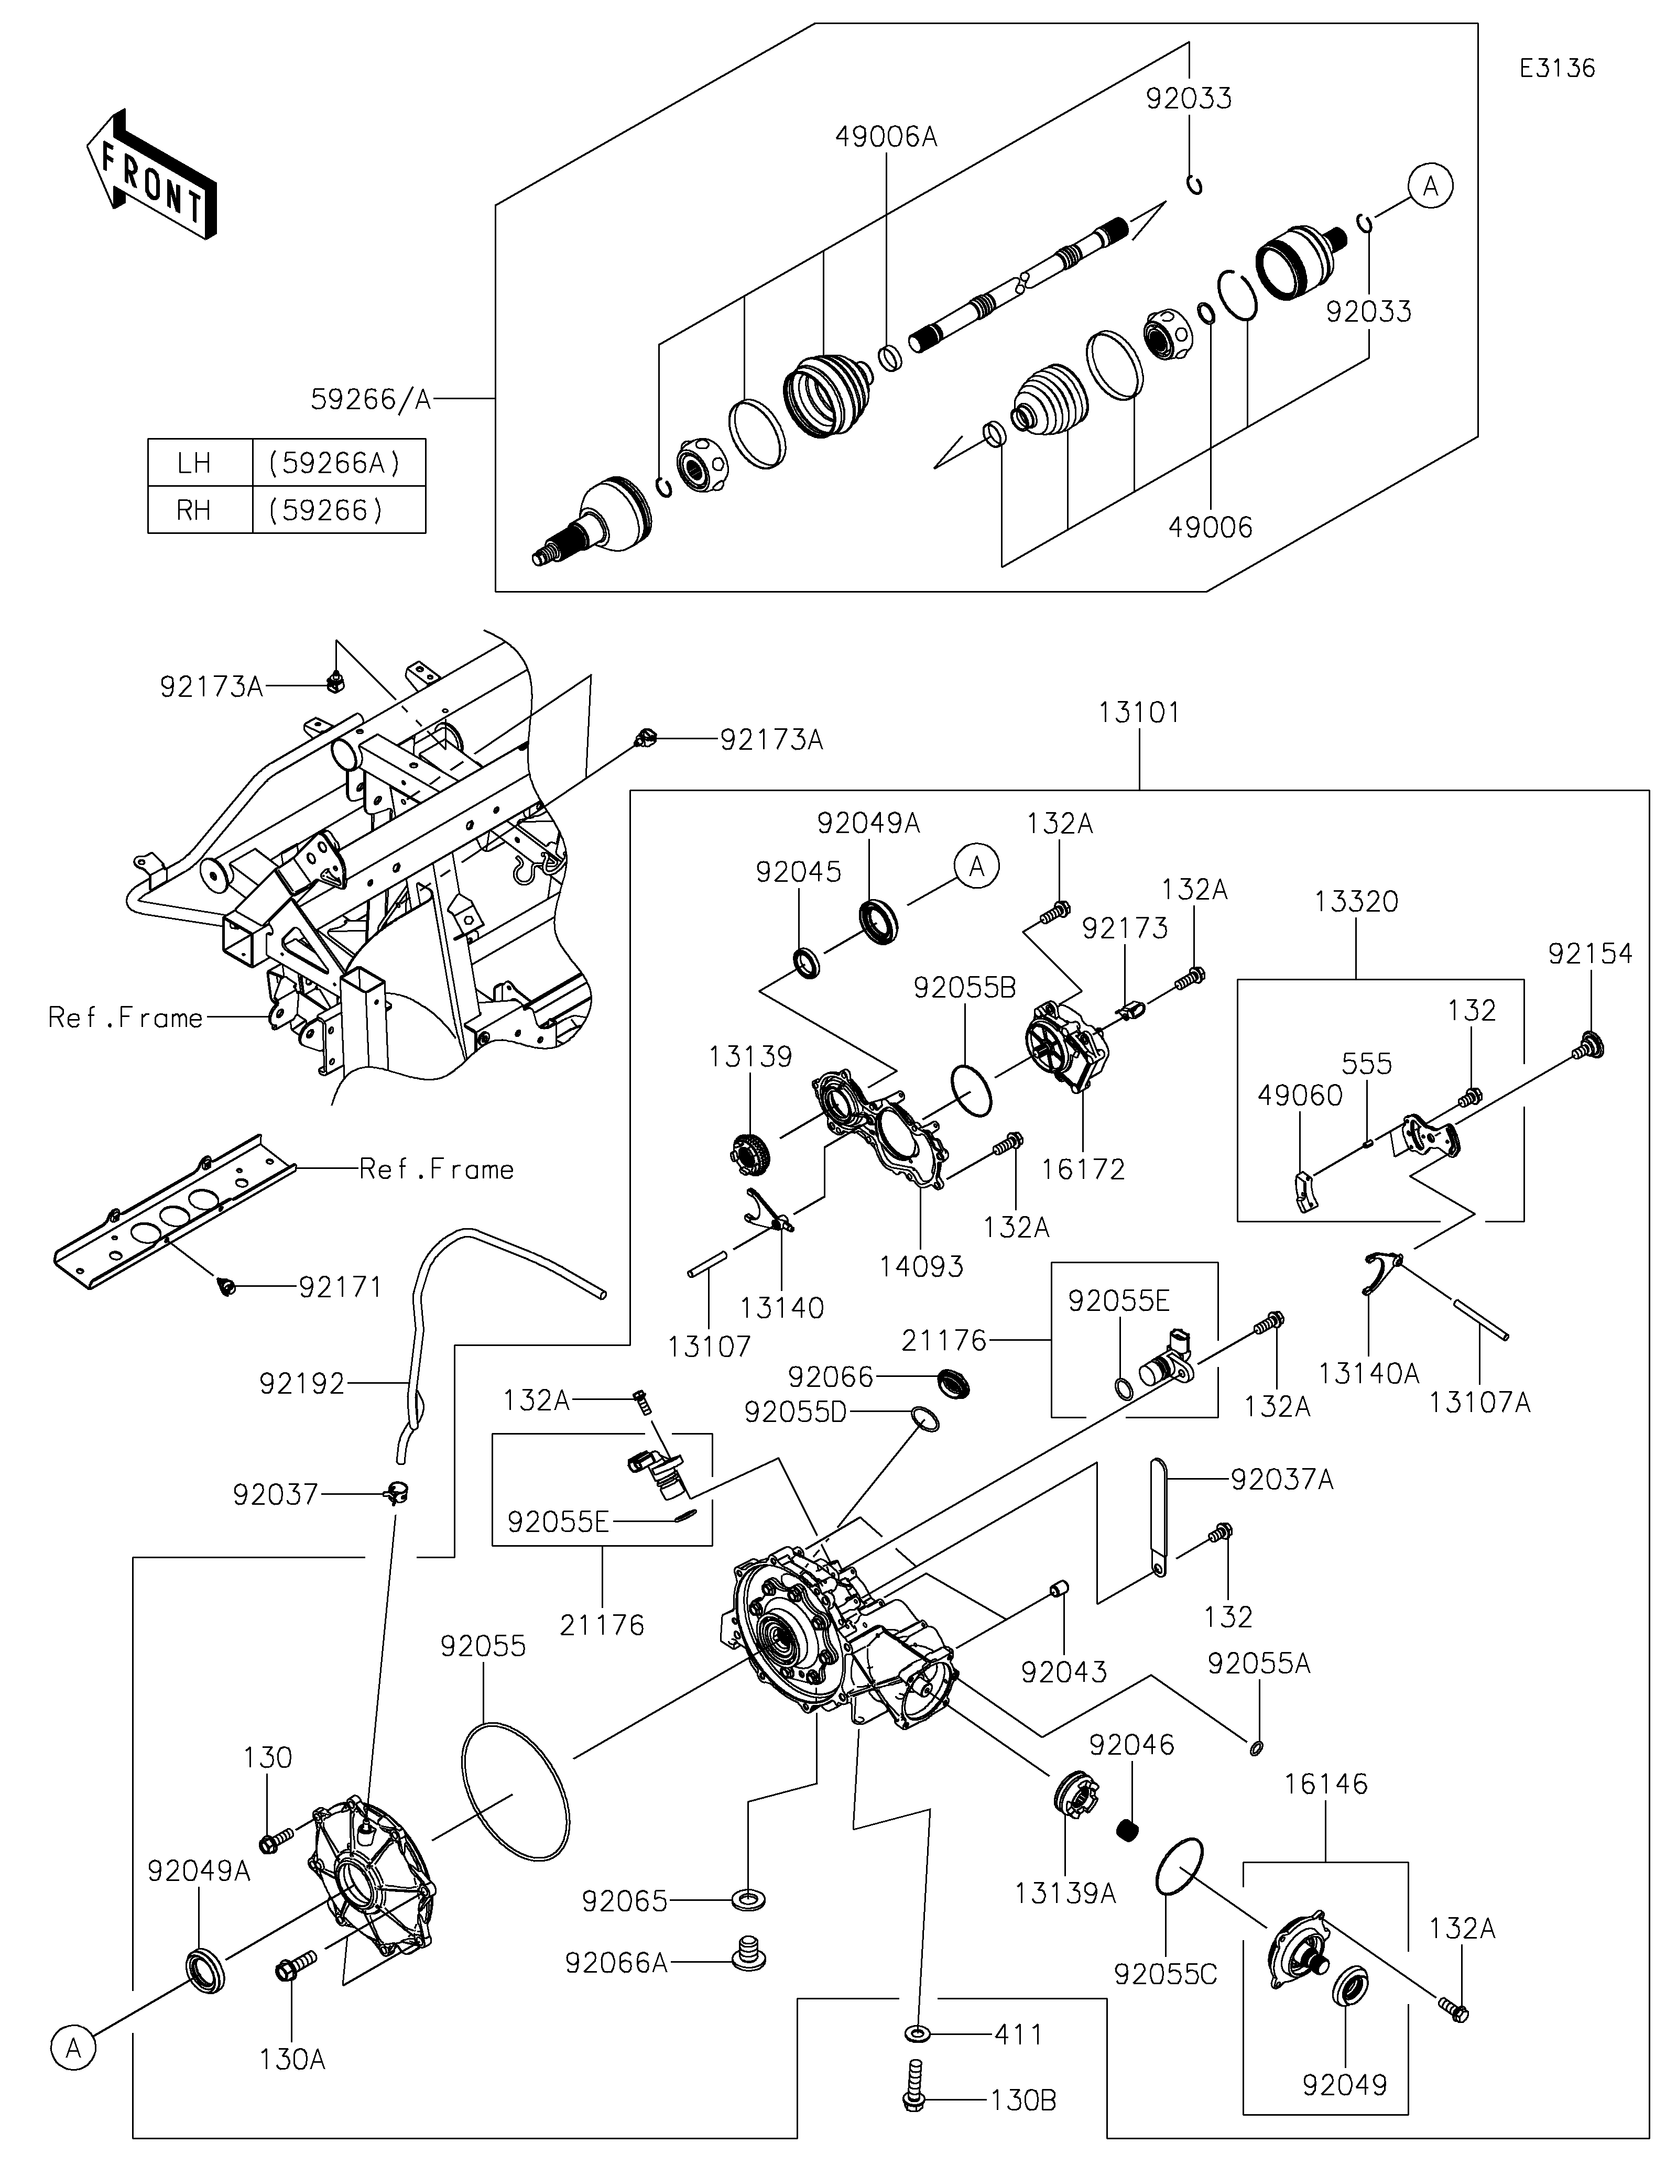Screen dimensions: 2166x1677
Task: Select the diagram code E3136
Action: (1557, 69)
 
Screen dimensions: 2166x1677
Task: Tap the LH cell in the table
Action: (194, 463)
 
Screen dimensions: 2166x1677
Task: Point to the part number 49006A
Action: (886, 137)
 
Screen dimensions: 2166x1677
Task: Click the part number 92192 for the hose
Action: (301, 1384)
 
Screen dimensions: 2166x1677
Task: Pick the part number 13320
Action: (1356, 902)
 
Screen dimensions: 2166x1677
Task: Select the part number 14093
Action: (921, 1266)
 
